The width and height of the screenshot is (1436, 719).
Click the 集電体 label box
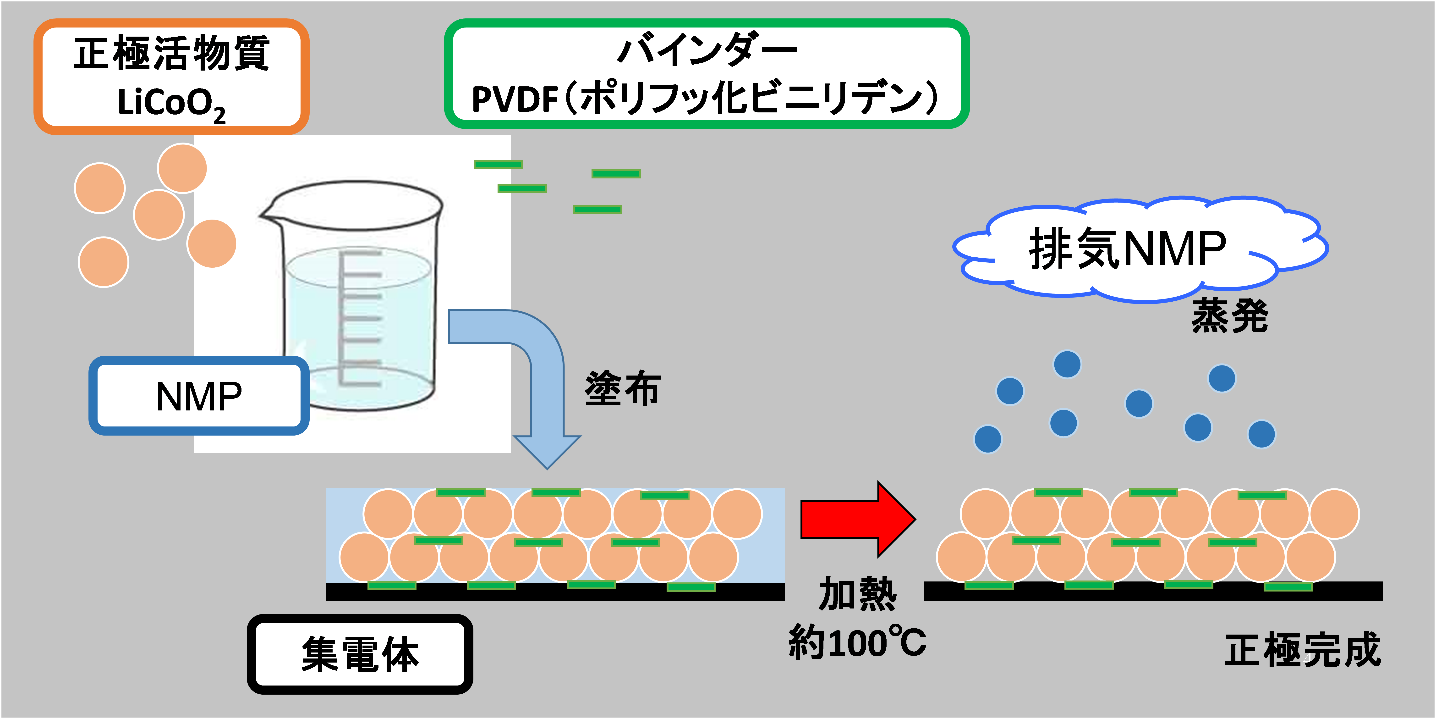[360, 654]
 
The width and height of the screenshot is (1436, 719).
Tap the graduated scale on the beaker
[360, 318]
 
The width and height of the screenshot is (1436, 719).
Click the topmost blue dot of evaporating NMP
[1067, 364]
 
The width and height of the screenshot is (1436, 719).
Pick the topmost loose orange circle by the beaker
[182, 168]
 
